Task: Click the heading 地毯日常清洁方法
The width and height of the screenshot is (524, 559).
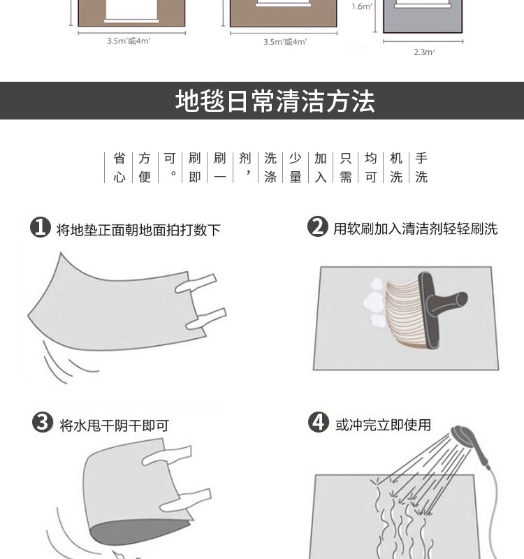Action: (x=275, y=101)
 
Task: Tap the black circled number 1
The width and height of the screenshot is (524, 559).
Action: (x=41, y=227)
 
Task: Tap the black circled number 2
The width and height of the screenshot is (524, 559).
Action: (x=317, y=226)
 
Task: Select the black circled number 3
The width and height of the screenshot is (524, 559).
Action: (x=43, y=423)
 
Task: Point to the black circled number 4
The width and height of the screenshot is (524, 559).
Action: (x=319, y=422)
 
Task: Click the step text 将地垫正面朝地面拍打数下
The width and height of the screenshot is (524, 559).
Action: (x=138, y=230)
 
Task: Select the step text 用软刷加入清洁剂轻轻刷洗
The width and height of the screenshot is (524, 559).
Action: (x=415, y=228)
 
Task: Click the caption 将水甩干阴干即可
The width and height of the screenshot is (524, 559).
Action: (x=115, y=426)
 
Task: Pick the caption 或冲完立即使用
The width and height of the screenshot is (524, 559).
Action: (x=383, y=425)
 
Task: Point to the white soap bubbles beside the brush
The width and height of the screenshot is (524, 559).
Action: (x=374, y=303)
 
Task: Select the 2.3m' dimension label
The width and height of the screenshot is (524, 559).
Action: (x=424, y=52)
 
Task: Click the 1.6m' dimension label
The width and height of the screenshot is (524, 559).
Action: (x=362, y=6)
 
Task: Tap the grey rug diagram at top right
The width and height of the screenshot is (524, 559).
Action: (x=423, y=16)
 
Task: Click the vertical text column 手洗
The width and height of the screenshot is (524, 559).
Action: (x=421, y=168)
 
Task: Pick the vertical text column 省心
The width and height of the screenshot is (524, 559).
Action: (x=119, y=168)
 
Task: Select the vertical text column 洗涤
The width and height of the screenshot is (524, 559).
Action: (x=270, y=168)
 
